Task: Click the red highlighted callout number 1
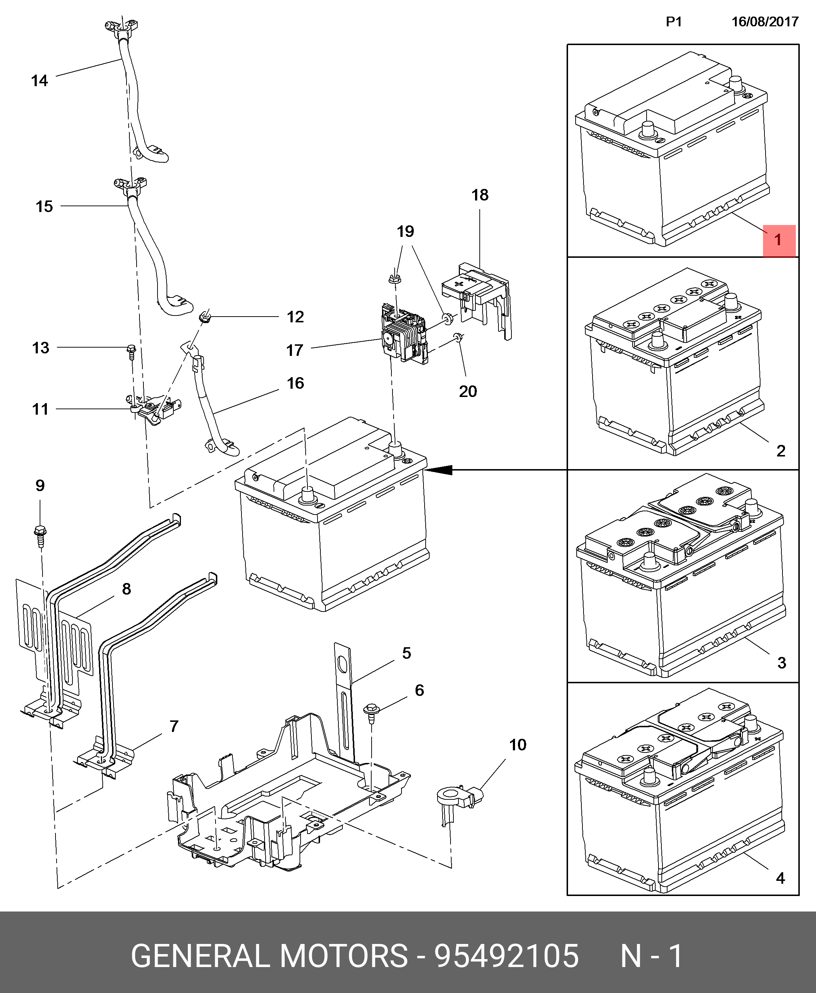tap(779, 240)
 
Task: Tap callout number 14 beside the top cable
tap(40, 81)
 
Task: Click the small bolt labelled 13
tap(131, 351)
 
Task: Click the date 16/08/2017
tap(765, 22)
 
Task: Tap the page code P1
tap(674, 22)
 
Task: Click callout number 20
tap(468, 391)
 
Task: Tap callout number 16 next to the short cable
tap(295, 383)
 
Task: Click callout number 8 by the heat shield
tap(127, 589)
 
